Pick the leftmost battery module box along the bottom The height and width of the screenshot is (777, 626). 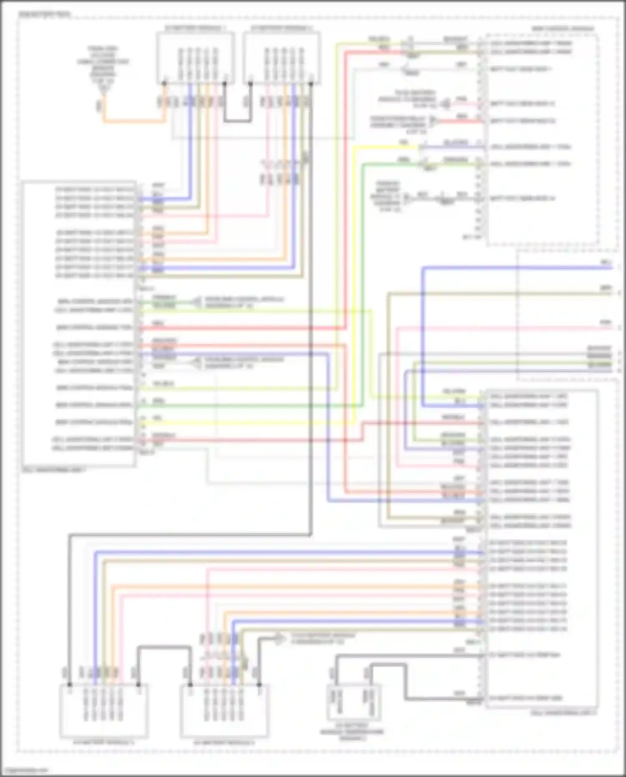tap(104, 710)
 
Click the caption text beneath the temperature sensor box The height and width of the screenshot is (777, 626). tap(352, 734)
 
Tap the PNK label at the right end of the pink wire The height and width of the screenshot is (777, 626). tap(606, 322)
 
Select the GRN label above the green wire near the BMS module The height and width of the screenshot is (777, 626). tap(404, 160)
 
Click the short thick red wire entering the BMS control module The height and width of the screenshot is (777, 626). tap(459, 121)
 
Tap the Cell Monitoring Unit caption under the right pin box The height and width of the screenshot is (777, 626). tap(563, 713)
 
